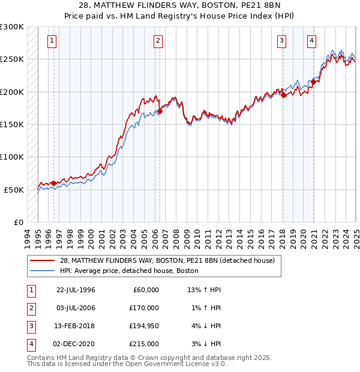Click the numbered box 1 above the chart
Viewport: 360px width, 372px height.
click(52, 41)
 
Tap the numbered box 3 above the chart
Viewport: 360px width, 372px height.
click(281, 41)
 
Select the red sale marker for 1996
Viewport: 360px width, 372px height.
click(53, 183)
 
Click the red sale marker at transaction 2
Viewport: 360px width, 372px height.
click(160, 111)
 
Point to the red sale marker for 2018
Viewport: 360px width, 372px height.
click(283, 95)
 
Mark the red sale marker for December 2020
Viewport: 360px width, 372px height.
click(313, 82)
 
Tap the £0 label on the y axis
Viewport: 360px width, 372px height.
click(18, 222)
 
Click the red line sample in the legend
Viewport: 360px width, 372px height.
click(43, 260)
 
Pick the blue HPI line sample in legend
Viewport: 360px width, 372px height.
click(43, 271)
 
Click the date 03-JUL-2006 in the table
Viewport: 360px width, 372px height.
click(76, 308)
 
